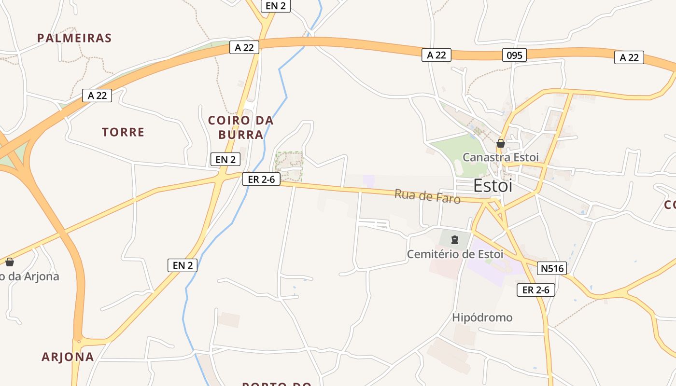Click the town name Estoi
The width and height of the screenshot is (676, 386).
pos(493,186)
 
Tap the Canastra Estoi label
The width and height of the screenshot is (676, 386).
pos(500,157)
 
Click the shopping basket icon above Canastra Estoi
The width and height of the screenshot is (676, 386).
pos(501,143)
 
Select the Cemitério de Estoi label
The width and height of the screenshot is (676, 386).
pos(455,254)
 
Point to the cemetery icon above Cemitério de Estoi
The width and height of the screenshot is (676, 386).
pos(454,239)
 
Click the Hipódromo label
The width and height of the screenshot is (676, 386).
pos(482,317)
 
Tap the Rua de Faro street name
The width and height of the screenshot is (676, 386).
pos(427,196)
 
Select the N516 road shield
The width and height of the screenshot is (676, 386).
pos(552,268)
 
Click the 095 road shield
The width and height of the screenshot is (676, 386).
pos(514,55)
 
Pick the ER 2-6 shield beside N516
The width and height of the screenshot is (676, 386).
pos(535,289)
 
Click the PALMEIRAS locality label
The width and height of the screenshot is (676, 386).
pos(74,38)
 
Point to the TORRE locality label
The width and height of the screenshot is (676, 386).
pos(123,132)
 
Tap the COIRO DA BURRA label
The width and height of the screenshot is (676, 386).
pos(240,127)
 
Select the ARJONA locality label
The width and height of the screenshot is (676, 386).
pos(68,357)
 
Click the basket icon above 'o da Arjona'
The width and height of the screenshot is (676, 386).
pos(10,262)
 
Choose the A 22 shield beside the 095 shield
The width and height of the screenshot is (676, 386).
pos(437,55)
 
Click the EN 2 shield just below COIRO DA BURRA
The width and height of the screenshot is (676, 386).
pos(225,159)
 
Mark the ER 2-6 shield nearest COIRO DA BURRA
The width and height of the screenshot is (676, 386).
pos(261,179)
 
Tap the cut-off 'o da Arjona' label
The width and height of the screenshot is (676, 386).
pos(29,276)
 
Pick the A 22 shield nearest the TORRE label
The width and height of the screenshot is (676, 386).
pos(97,95)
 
